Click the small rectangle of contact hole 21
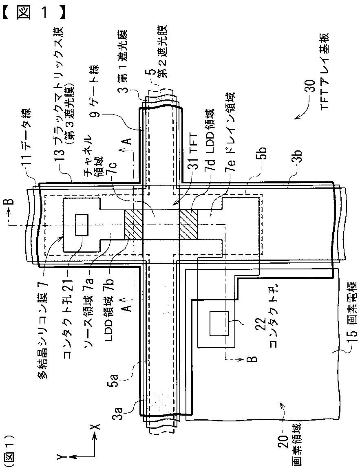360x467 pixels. click(82, 225)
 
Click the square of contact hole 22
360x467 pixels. click(219, 324)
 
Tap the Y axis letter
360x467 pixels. click(60, 458)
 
